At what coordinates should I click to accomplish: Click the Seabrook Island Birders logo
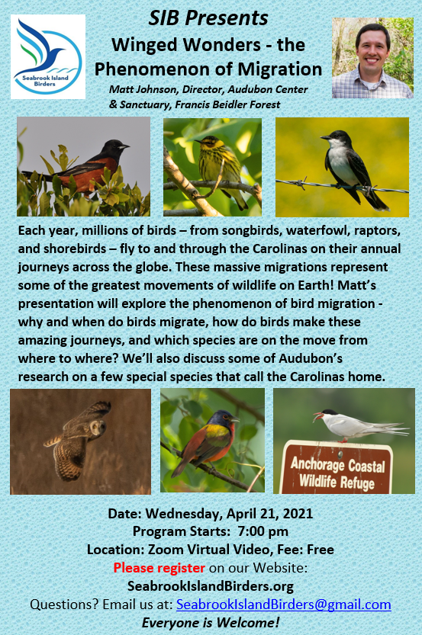click(48, 56)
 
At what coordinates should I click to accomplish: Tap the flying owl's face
click(98, 427)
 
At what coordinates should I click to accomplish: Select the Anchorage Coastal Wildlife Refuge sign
click(337, 467)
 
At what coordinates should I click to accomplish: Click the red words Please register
click(159, 568)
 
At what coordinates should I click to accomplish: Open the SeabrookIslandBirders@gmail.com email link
click(284, 605)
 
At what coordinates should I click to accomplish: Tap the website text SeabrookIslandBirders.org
click(211, 586)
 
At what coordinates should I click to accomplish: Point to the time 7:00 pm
click(263, 531)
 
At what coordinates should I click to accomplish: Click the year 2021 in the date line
click(298, 514)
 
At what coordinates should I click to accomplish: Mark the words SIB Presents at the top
click(208, 18)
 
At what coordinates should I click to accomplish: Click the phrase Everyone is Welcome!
click(211, 623)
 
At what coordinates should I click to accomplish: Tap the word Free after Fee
click(321, 550)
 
